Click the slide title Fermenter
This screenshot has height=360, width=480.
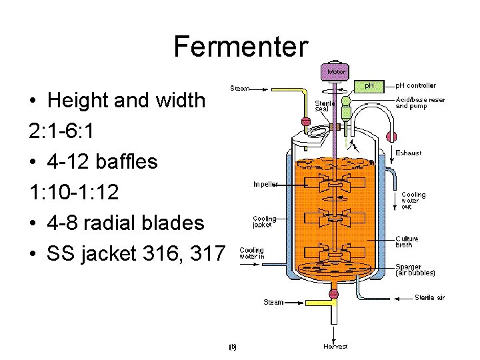coord(241,47)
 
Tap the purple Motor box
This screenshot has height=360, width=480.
coord(335,71)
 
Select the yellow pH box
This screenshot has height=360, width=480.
coord(372,86)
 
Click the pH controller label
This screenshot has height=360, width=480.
coord(416,85)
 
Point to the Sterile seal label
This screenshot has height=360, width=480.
coord(325,107)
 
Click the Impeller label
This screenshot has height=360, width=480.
coord(265,184)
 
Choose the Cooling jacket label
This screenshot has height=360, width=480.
coord(265,222)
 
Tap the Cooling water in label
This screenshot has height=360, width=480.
coord(252,253)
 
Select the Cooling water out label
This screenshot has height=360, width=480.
coord(413,201)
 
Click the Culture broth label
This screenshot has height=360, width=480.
coord(407,242)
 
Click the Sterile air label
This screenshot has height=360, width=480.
coord(430,297)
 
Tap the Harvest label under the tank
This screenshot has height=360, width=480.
coord(335,347)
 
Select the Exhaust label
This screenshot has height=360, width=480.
coord(409,153)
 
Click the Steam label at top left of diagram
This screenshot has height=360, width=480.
coord(240,88)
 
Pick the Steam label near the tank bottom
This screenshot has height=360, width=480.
coord(273,302)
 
